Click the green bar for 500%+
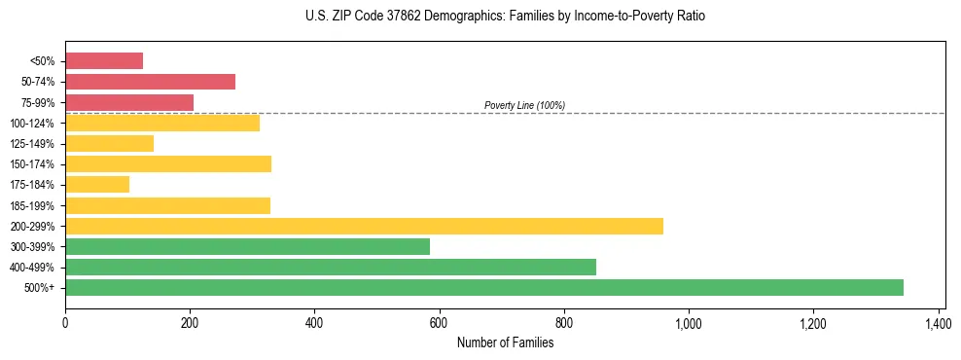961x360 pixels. coord(483,287)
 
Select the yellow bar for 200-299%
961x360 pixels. coord(364,226)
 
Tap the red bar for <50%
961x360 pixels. coord(104,61)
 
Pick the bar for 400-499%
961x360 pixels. coord(331,267)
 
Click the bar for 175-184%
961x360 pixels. coord(97,185)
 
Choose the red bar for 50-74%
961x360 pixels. coord(150,82)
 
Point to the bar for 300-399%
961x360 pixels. coord(247,246)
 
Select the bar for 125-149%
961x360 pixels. coord(109,144)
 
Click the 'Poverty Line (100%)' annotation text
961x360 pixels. coord(524,105)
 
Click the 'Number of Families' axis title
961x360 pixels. coord(505,342)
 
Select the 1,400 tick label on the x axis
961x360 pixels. coord(938,322)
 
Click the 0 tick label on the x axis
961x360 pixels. coord(65,322)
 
